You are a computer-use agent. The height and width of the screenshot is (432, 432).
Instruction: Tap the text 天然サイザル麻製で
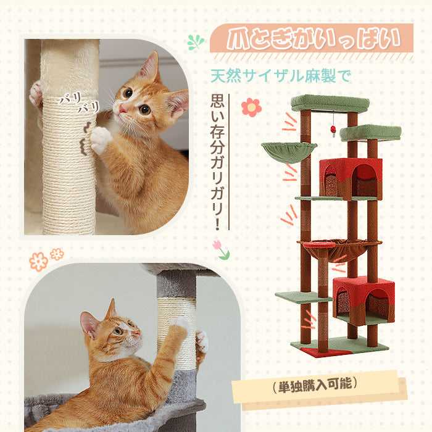[x=280, y=77]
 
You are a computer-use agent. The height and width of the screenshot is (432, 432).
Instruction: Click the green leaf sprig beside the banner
[x=196, y=42]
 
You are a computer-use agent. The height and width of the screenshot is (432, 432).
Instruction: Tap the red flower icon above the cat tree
[x=251, y=107]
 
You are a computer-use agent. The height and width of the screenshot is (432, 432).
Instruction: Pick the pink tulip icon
[x=220, y=249]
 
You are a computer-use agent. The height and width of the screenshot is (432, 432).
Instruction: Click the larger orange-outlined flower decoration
[x=38, y=261]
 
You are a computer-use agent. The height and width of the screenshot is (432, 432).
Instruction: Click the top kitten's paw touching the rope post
[x=99, y=140]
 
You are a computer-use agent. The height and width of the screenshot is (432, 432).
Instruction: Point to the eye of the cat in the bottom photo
[x=117, y=331]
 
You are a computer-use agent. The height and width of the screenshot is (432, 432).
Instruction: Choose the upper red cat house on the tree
[x=350, y=178]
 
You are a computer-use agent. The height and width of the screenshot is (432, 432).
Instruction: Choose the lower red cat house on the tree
[x=363, y=300]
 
